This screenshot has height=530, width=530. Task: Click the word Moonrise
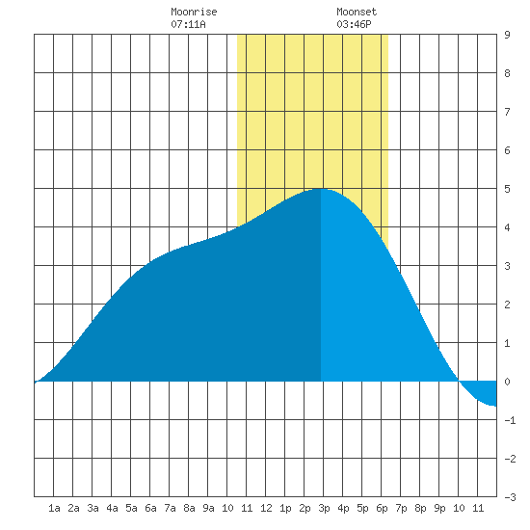[x=194, y=12]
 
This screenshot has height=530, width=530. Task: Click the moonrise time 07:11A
[x=188, y=24]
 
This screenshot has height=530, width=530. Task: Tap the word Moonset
[x=357, y=12]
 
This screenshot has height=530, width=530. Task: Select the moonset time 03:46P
[x=354, y=24]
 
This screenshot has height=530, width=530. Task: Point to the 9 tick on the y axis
[x=507, y=35]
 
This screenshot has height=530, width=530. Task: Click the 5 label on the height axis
[x=507, y=189]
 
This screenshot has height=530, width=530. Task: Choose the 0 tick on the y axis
[x=507, y=382]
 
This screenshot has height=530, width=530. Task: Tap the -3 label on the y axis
[x=510, y=497]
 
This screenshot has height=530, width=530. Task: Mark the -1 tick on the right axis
[x=510, y=420]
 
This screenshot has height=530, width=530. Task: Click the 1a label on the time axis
[x=54, y=508]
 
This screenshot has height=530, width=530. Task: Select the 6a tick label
[x=150, y=508]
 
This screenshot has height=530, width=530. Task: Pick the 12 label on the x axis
[x=266, y=508]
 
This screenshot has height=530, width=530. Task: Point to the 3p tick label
[x=324, y=508]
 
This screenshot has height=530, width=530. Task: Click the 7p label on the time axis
[x=401, y=508]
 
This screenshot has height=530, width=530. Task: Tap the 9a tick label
[x=208, y=508]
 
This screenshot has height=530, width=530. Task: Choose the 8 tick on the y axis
[x=507, y=73]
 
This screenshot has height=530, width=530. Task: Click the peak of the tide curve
[x=320, y=189]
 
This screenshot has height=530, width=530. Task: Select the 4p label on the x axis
[x=343, y=508]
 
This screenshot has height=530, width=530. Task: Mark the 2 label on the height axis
[x=507, y=305]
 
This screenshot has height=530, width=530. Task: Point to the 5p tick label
[x=362, y=508]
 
